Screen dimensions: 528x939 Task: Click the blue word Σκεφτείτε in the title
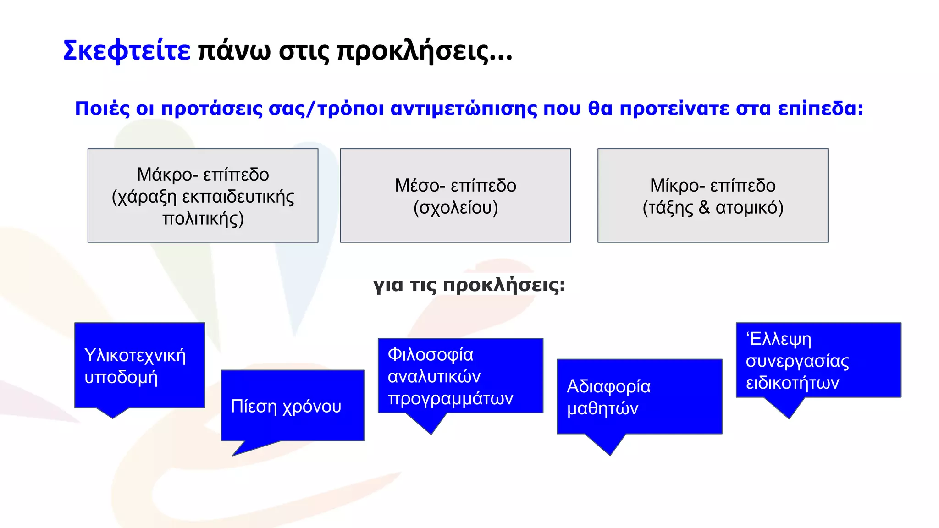[x=127, y=50]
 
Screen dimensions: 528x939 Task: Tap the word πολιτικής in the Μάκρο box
[x=203, y=219]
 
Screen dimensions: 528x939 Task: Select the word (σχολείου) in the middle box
[x=455, y=208]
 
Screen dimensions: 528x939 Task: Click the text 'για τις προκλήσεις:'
[x=469, y=285]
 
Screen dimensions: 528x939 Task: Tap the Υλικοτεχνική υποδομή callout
[x=139, y=366]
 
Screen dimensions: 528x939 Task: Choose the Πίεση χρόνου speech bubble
[x=292, y=406]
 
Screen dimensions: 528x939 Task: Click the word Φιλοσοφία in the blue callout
[x=430, y=354]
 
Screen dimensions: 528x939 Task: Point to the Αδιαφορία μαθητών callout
[x=639, y=397]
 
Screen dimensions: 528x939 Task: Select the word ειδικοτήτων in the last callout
[x=792, y=383]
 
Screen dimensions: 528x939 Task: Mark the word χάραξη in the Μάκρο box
[x=144, y=197]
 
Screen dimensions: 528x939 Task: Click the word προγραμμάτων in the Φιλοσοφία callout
[x=450, y=398]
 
